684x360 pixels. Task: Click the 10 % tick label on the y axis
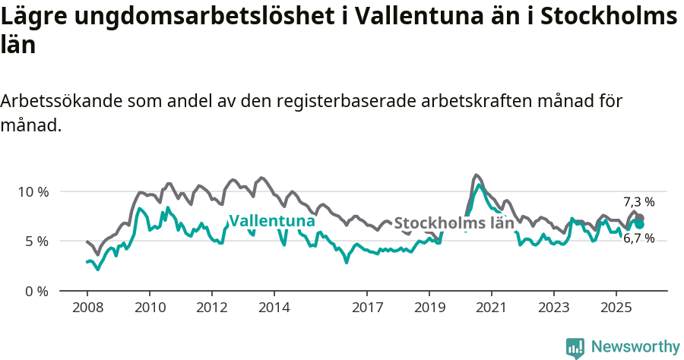tap(33, 191)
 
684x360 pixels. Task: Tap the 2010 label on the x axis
tap(149, 308)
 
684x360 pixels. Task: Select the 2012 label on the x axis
tap(211, 308)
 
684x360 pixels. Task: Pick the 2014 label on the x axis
tap(274, 308)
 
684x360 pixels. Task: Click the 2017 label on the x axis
tap(367, 308)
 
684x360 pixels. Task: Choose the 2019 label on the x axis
tap(429, 308)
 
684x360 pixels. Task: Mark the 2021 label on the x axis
tap(492, 308)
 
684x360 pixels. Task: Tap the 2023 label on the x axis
tap(554, 308)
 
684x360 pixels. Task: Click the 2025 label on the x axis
tap(616, 308)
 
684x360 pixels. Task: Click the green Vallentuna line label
tap(272, 221)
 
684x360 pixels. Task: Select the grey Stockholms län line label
tap(454, 223)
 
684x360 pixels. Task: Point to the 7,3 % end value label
tap(638, 202)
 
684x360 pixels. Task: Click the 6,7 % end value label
tap(638, 238)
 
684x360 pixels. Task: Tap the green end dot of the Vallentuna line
tap(640, 224)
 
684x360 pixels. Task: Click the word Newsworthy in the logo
tap(635, 347)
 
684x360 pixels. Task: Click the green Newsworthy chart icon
tap(575, 348)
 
